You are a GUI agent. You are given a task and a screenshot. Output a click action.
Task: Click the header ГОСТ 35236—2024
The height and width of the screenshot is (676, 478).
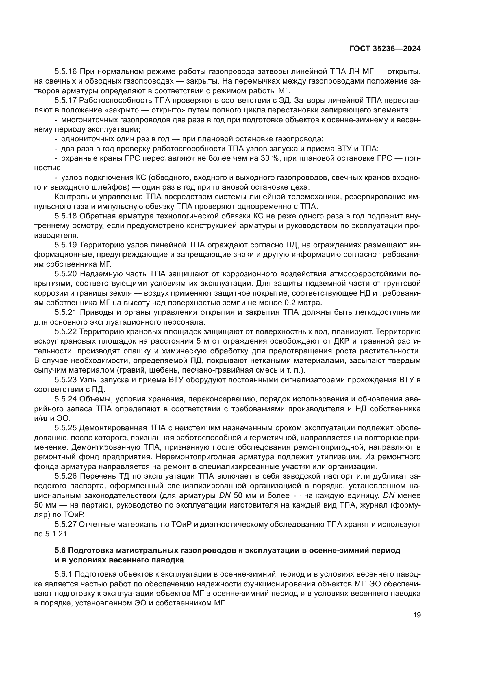pos(385,49)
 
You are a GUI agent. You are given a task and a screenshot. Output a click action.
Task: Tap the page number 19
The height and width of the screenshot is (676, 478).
pos(417,615)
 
